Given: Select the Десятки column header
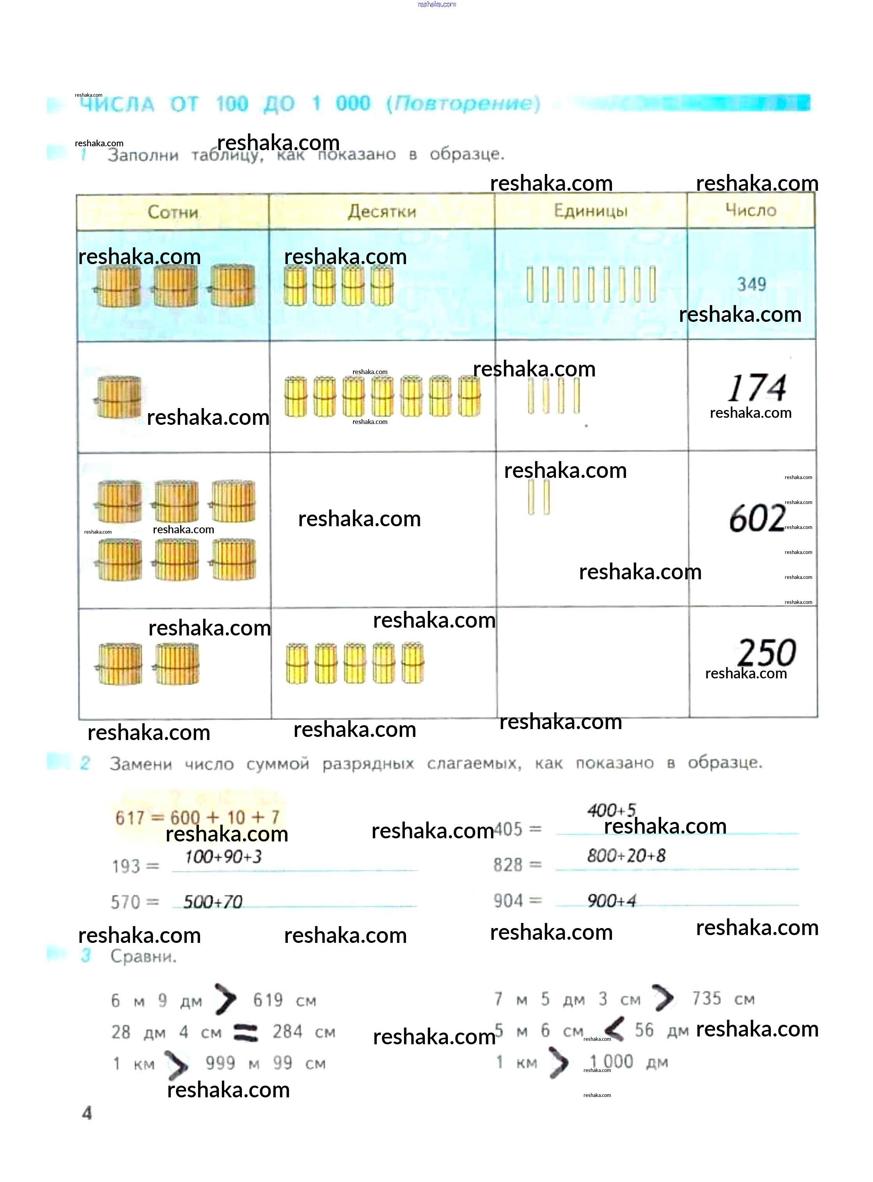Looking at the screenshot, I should pyautogui.click(x=381, y=211).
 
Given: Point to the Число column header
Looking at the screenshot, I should pyautogui.click(x=751, y=210).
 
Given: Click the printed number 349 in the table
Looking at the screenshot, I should pyautogui.click(x=751, y=284).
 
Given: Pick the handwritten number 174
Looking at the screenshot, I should pyautogui.click(x=757, y=389).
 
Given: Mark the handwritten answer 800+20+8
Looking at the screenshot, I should pyautogui.click(x=626, y=855).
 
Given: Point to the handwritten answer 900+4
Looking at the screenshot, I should pyautogui.click(x=611, y=900).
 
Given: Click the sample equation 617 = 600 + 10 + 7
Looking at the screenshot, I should pyautogui.click(x=197, y=817).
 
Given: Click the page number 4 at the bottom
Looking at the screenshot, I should pyautogui.click(x=87, y=1113).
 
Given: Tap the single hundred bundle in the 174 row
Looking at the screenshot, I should pyautogui.click(x=118, y=398).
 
